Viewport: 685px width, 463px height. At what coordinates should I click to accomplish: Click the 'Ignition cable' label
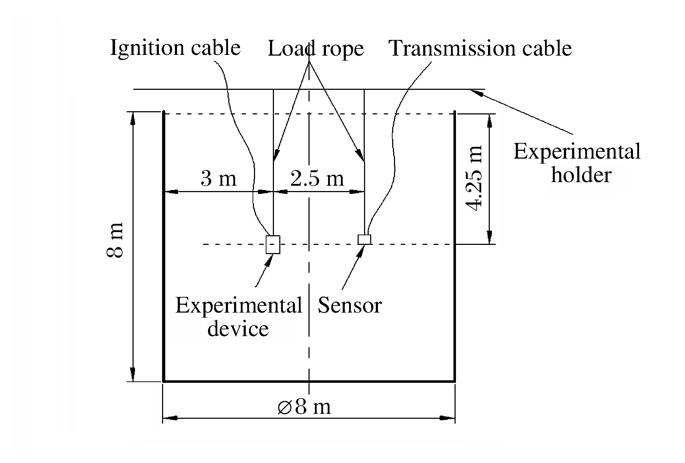(x=175, y=48)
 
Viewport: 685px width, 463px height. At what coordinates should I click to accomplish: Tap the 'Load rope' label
(x=316, y=48)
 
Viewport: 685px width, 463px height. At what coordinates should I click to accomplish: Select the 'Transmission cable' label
(x=480, y=48)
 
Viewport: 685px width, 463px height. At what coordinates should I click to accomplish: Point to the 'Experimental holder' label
(x=577, y=163)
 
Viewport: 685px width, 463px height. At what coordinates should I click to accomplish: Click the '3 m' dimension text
(x=218, y=178)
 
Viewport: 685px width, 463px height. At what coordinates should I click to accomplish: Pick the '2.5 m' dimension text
(x=317, y=178)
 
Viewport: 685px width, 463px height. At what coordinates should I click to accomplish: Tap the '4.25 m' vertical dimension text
(x=475, y=178)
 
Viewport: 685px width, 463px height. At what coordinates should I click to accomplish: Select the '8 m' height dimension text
(x=115, y=240)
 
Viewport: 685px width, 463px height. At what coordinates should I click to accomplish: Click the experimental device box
(x=273, y=245)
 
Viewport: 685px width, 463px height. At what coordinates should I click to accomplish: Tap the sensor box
(x=364, y=240)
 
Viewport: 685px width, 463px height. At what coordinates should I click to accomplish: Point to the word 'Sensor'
(x=349, y=305)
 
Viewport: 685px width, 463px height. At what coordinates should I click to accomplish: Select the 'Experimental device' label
(x=238, y=317)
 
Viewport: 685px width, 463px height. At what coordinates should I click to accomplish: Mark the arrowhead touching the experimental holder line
(x=476, y=92)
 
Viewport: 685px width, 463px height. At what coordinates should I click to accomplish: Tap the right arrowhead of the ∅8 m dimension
(x=448, y=418)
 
